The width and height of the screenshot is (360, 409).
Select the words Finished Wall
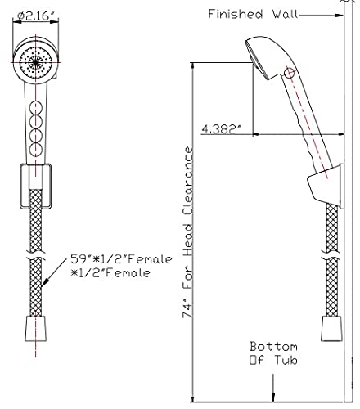[253, 14]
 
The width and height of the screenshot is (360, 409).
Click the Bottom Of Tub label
[273, 353]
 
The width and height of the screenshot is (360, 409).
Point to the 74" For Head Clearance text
[187, 232]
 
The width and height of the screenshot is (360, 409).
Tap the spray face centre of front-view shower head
[35, 62]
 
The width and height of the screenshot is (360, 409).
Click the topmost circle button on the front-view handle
[36, 107]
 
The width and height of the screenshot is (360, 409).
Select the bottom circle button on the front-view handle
[36, 150]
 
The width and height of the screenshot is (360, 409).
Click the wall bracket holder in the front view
[35, 187]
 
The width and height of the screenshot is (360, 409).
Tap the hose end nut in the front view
[36, 329]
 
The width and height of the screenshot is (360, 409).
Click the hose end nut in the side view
[331, 329]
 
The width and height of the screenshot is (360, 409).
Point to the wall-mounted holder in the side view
[326, 187]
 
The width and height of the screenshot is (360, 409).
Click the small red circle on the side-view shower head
[290, 73]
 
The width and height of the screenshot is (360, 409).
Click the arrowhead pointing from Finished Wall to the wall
[339, 16]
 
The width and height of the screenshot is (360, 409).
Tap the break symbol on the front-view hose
[36, 255]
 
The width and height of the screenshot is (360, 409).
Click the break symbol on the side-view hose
[331, 255]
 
